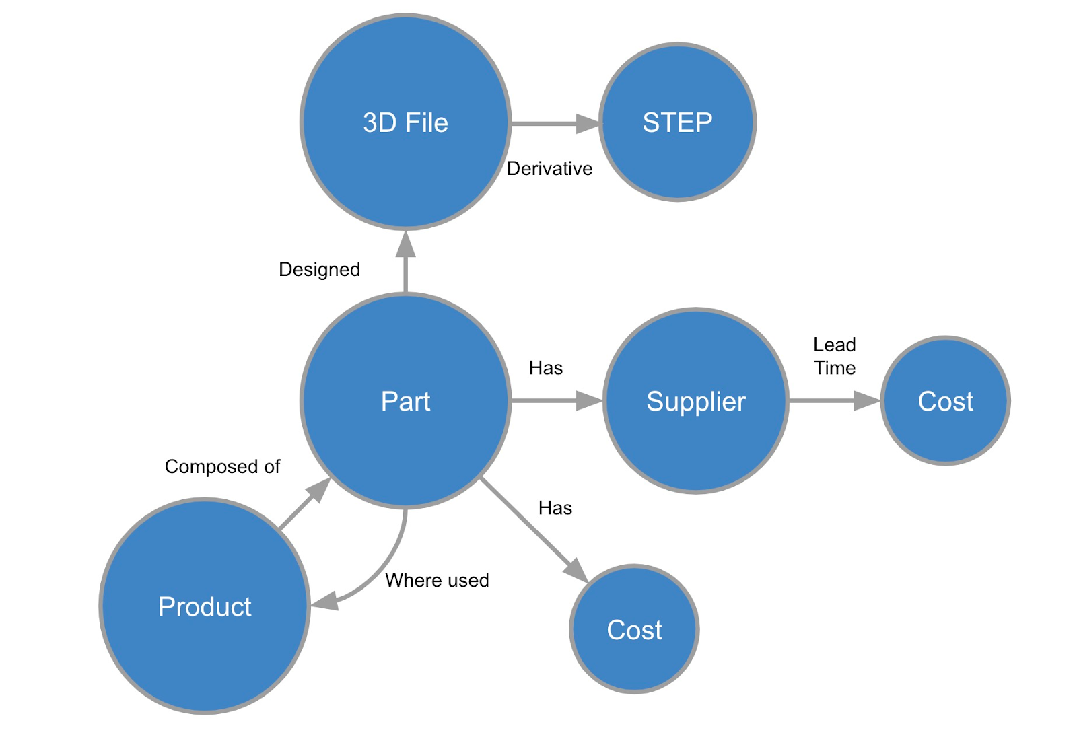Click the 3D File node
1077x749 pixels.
[x=405, y=122]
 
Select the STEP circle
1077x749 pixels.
[x=677, y=122]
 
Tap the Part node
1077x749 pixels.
[x=405, y=401]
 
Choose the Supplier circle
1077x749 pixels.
[x=696, y=401]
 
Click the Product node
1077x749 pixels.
[x=205, y=606]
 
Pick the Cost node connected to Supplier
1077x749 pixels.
[x=945, y=401]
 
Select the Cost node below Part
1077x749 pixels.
[x=634, y=629]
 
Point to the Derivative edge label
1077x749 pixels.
[x=549, y=168]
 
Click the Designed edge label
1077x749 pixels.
[x=319, y=269]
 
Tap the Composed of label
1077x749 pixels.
[x=222, y=466]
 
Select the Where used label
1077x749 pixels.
[x=437, y=580]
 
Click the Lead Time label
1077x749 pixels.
[x=835, y=356]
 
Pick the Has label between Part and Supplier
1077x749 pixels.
[x=545, y=368]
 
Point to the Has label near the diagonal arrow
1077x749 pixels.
[x=555, y=508]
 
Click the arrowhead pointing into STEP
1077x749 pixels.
[x=588, y=123]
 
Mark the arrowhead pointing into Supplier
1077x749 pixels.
[x=590, y=401]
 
